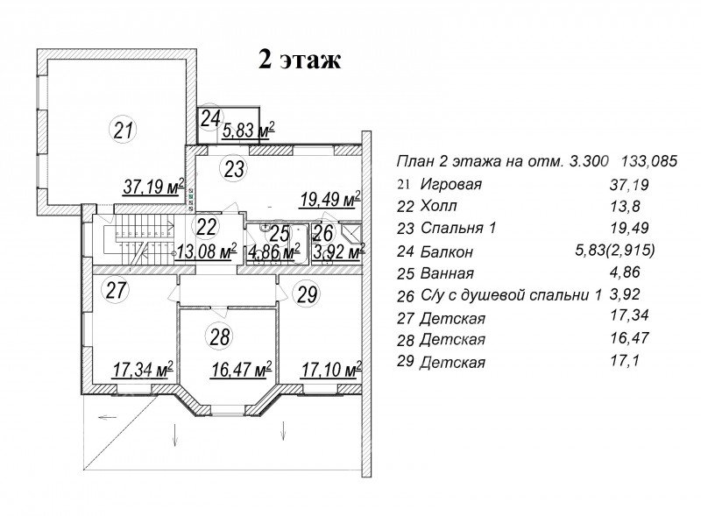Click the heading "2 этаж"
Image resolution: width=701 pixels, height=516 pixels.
pyautogui.click(x=300, y=60)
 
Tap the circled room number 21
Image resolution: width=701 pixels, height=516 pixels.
pyautogui.click(x=124, y=131)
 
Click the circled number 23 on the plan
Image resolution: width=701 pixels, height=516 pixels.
pyautogui.click(x=234, y=168)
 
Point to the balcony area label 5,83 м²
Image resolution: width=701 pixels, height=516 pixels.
pyautogui.click(x=248, y=131)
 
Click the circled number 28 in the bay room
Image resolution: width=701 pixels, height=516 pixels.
pyautogui.click(x=220, y=336)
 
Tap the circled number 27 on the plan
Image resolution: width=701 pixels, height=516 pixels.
pyautogui.click(x=116, y=290)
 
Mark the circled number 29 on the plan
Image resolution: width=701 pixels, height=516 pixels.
pyautogui.click(x=307, y=294)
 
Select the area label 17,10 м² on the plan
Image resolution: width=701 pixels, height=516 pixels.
pyautogui.click(x=331, y=370)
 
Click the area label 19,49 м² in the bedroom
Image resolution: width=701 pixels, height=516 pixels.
pyautogui.click(x=330, y=200)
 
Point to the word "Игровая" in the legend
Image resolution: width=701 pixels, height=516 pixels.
pyautogui.click(x=451, y=184)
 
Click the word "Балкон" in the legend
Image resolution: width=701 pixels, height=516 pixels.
pyautogui.click(x=447, y=251)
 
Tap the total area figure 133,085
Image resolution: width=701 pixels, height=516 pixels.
pyautogui.click(x=649, y=161)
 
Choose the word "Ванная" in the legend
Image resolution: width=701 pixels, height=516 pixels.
pyautogui.click(x=447, y=273)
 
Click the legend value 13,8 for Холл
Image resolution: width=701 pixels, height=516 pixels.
pyautogui.click(x=625, y=206)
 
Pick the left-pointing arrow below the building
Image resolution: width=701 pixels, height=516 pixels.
pyautogui.click(x=107, y=418)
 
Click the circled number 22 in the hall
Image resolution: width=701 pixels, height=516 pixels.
pyautogui.click(x=206, y=227)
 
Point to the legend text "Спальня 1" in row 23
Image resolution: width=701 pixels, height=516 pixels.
pyautogui.click(x=458, y=228)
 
